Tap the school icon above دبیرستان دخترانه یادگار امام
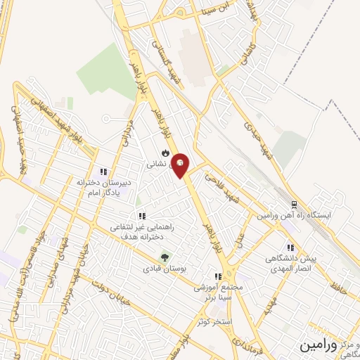(103, 171)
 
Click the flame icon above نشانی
(165, 152)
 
